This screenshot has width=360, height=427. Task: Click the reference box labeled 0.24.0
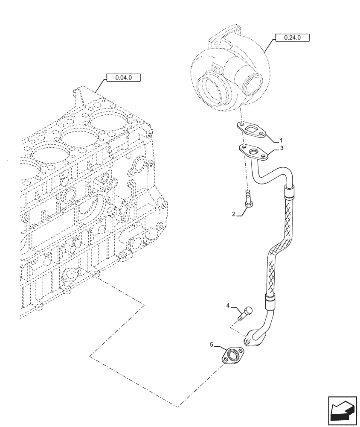[x=292, y=38]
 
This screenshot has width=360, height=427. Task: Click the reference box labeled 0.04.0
[x=123, y=78]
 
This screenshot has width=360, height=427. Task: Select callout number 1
[x=281, y=140]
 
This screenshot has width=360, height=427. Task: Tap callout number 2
[x=234, y=214]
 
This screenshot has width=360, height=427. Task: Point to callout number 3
[x=281, y=148]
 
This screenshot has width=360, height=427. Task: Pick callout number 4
[x=228, y=306]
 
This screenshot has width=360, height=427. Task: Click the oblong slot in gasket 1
[x=255, y=130]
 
